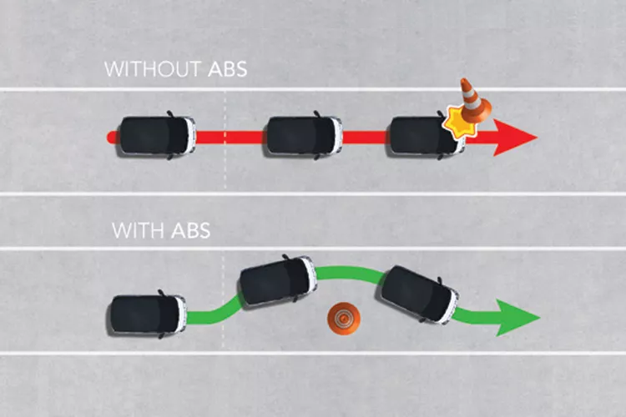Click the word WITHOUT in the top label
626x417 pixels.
pyautogui.click(x=153, y=69)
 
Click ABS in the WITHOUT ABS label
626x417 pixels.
pyautogui.click(x=228, y=69)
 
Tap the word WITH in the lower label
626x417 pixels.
pyautogui.click(x=139, y=231)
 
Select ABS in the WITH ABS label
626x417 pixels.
pyautogui.click(x=191, y=231)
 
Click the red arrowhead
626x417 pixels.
pyautogui.click(x=516, y=138)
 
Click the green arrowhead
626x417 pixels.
pyautogui.click(x=518, y=318)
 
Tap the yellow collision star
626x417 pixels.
pyautogui.click(x=460, y=123)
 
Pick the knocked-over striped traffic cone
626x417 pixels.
pyautogui.click(x=474, y=100)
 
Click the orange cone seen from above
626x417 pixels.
pyautogui.click(x=344, y=319)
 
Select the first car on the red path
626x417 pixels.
pyautogui.click(x=155, y=136)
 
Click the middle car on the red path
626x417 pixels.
pyautogui.click(x=303, y=136)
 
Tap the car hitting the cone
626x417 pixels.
pyautogui.click(x=426, y=136)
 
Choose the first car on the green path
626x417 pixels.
pyautogui.click(x=146, y=314)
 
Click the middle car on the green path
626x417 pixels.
pyautogui.click(x=277, y=281)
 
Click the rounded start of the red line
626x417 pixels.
pyautogui.click(x=110, y=138)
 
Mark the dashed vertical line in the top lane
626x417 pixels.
pyautogui.click(x=225, y=139)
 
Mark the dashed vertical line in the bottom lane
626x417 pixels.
pyautogui.click(x=223, y=300)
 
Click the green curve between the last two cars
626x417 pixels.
pyautogui.click(x=350, y=274)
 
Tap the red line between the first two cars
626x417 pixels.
pyautogui.click(x=230, y=138)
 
